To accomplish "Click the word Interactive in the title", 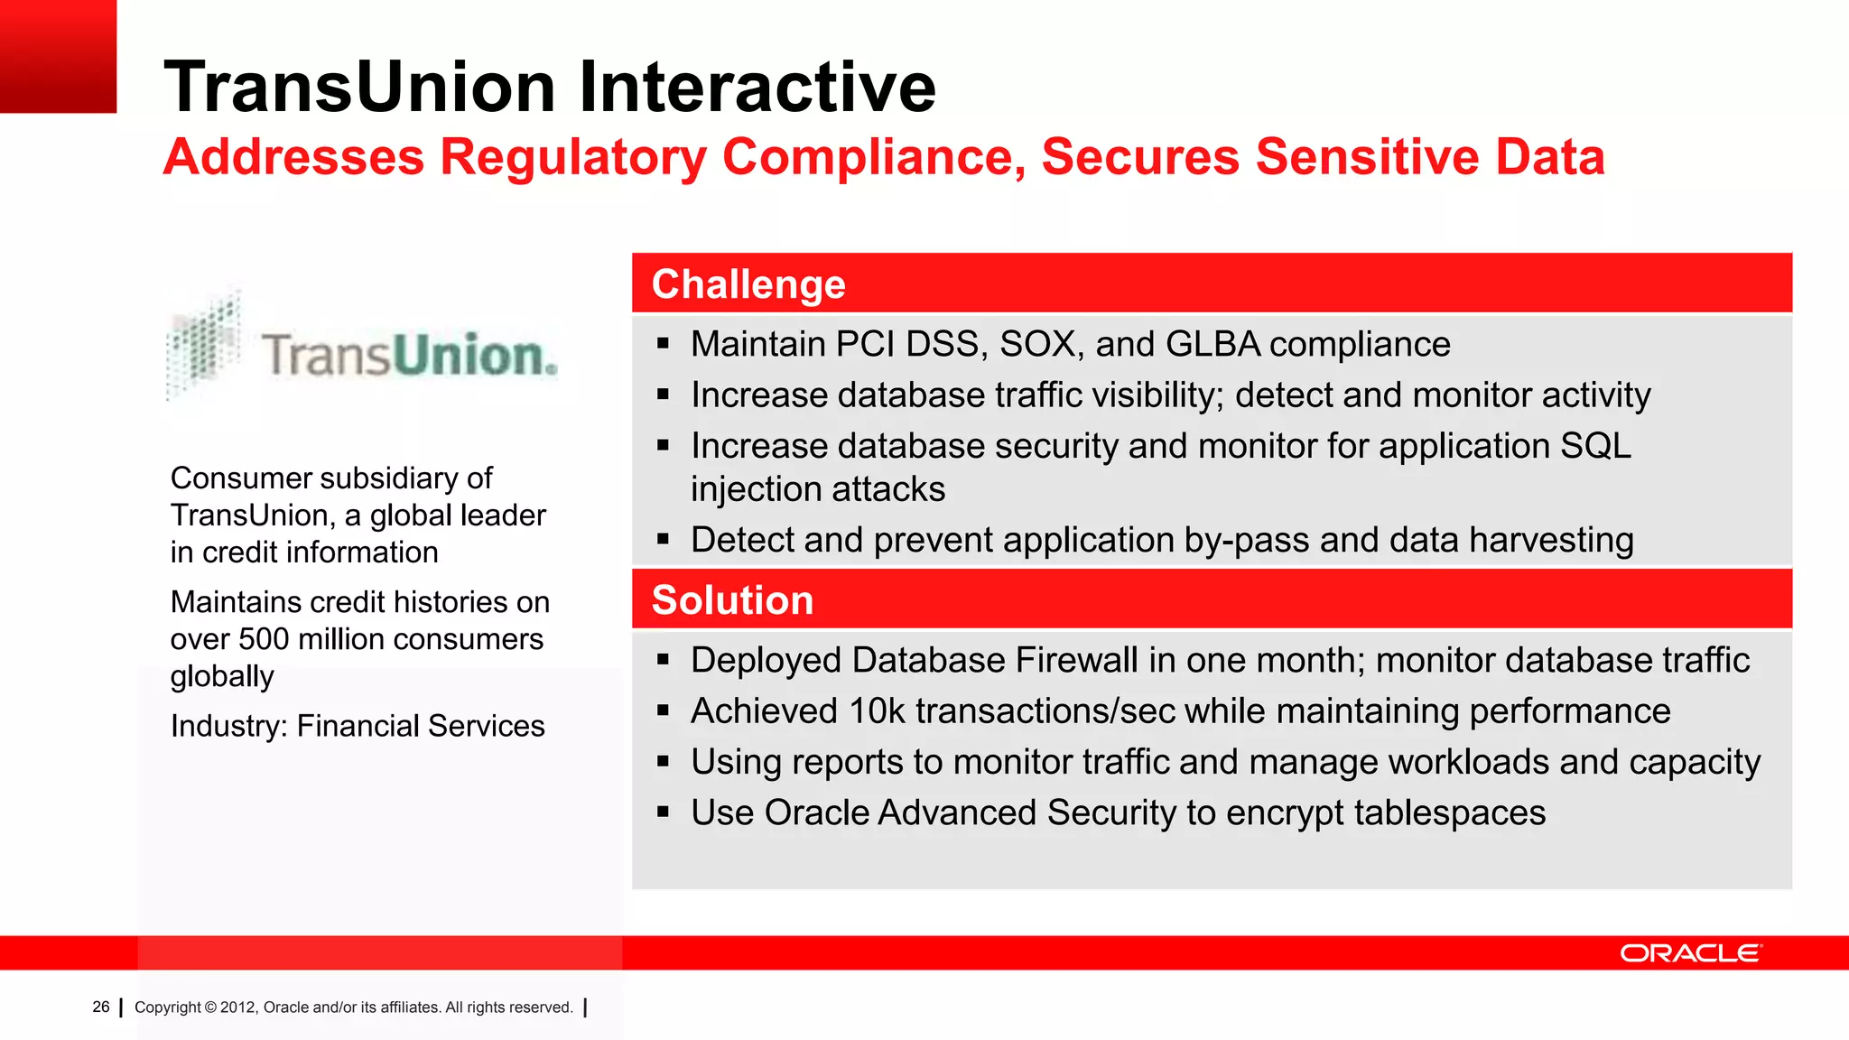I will click(x=757, y=88).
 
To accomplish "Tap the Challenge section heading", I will click(x=748, y=284).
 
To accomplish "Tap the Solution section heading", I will click(x=732, y=600).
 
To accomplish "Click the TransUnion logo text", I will click(x=408, y=355).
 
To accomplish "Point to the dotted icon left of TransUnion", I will click(x=204, y=344).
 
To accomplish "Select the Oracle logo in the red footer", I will click(x=1690, y=953).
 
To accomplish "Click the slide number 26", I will click(x=101, y=1007).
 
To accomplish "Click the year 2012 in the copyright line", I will click(x=237, y=1007).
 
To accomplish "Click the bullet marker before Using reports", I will click(x=664, y=762).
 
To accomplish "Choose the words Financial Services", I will click(x=421, y=726).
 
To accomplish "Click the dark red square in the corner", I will click(x=58, y=56).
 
